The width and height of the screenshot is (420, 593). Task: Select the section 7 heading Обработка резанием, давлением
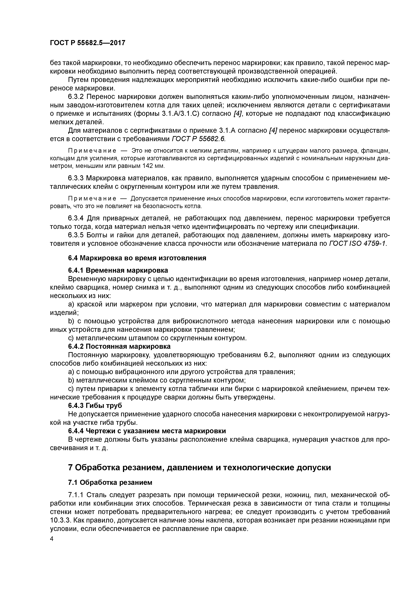coord(199,467)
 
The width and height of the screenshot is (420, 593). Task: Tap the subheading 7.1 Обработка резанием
coord(110,482)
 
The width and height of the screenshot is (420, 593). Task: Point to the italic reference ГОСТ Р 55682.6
coord(198,139)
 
